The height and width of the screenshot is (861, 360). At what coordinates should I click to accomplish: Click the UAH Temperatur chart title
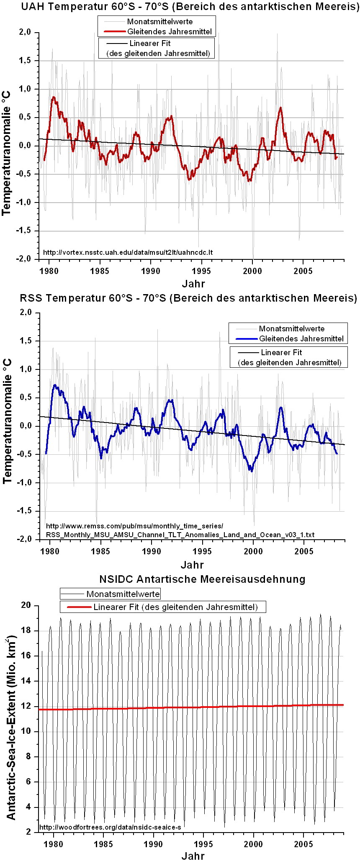180,7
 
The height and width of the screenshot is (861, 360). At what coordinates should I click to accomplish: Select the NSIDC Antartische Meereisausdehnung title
202,579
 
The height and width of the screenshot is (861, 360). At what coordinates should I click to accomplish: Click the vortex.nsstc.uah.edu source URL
128,252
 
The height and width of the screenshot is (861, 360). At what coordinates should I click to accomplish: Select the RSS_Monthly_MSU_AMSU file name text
180,534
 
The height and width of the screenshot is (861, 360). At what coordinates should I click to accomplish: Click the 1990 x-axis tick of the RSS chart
152,551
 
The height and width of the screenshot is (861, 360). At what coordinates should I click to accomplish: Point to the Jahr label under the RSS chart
192,565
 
